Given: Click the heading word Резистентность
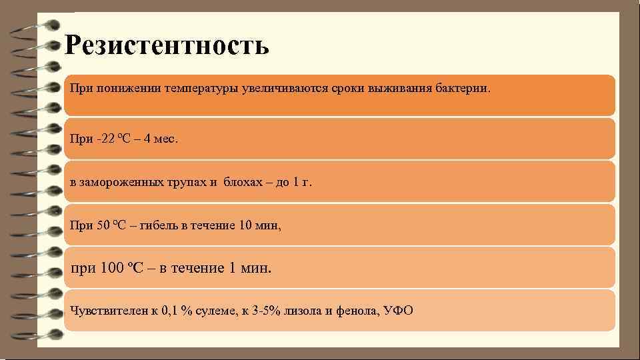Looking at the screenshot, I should coord(167,46).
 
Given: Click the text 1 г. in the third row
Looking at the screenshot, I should coord(302,182).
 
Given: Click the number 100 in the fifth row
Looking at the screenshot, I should coord(111,269).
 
